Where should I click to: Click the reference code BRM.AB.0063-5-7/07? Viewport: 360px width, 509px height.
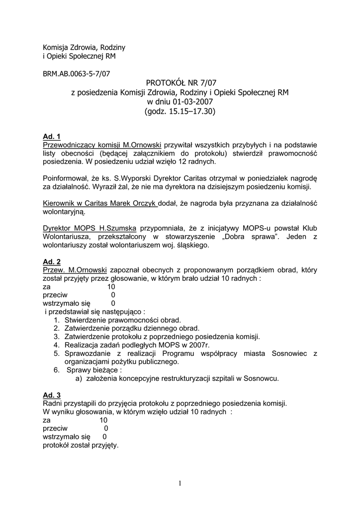point(77,74)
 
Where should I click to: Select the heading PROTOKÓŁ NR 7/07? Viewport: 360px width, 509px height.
point(180,83)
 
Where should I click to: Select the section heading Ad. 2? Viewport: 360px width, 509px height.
point(52,261)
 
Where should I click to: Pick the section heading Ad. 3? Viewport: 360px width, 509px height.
point(52,395)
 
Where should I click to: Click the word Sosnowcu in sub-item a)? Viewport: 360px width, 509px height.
point(262,378)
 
